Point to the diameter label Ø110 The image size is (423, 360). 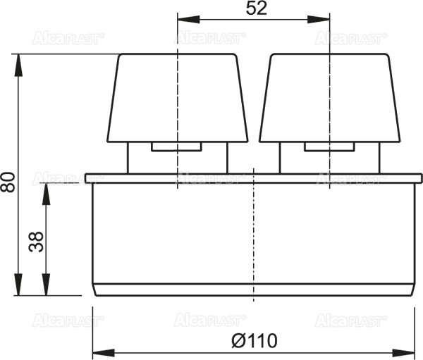pos(254,341)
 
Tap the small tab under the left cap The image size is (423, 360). pos(177,147)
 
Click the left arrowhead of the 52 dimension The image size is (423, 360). pos(184,21)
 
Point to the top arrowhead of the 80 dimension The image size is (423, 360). pos(20,59)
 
